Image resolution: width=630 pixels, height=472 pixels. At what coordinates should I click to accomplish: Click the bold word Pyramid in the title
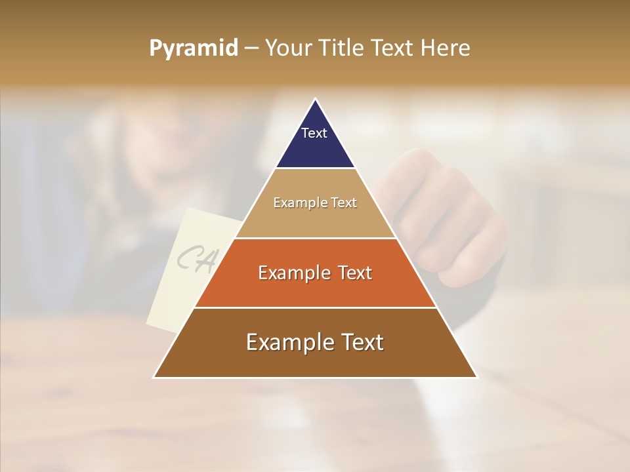(x=193, y=49)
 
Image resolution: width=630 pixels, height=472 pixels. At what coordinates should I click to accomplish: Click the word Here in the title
(x=446, y=48)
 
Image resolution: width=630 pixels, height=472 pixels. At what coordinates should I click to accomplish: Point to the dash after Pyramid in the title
(x=251, y=49)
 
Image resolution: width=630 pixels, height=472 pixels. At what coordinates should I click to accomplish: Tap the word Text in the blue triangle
(x=314, y=133)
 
